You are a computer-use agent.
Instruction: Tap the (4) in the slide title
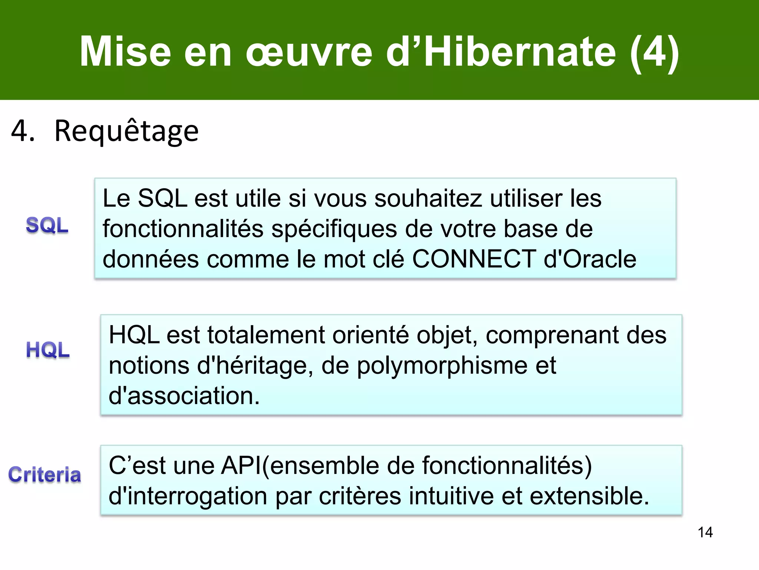pos(654,52)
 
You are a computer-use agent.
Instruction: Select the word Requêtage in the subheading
pos(126,131)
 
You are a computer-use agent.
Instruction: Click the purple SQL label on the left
pos(47,225)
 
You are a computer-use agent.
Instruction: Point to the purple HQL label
pos(48,350)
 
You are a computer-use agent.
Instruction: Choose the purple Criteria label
pos(45,475)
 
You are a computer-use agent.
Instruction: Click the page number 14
pos(705,532)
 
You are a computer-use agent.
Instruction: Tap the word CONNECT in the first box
pos(474,259)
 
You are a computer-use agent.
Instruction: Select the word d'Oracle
pos(590,259)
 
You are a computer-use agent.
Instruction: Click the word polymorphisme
pos(442,366)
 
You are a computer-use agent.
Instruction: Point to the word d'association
pos(184,396)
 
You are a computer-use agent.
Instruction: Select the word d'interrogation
pos(188,497)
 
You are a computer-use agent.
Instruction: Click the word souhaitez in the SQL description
pos(428,199)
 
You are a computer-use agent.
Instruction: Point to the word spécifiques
pos(334,229)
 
